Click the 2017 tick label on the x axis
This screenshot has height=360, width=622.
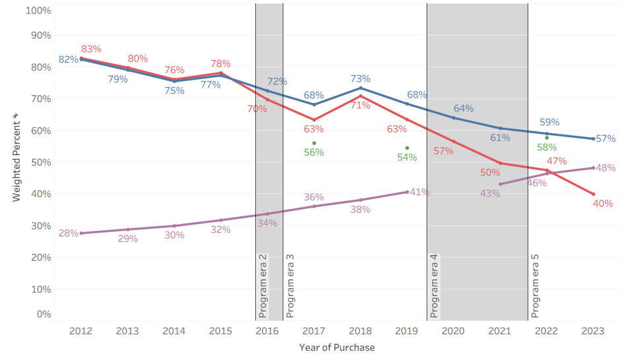314,331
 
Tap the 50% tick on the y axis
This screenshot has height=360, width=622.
39,162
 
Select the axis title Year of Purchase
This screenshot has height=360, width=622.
336,347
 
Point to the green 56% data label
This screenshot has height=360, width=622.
314,153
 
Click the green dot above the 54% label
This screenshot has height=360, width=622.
407,148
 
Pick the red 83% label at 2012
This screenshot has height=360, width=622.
91,49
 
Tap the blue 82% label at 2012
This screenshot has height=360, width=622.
68,60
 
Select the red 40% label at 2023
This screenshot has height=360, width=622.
603,204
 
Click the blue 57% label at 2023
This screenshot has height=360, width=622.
606,139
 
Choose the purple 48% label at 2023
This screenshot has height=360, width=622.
606,168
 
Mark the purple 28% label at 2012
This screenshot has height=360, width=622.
68,233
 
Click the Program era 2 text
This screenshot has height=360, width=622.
263,286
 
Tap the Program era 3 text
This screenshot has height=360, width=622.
290,286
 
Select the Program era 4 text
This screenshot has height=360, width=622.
434,286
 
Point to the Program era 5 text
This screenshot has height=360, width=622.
536,286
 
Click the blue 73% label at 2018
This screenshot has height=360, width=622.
360,79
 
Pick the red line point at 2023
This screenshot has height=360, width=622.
594,194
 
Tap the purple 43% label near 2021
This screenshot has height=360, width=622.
490,194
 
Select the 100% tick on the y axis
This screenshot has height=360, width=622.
38,11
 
